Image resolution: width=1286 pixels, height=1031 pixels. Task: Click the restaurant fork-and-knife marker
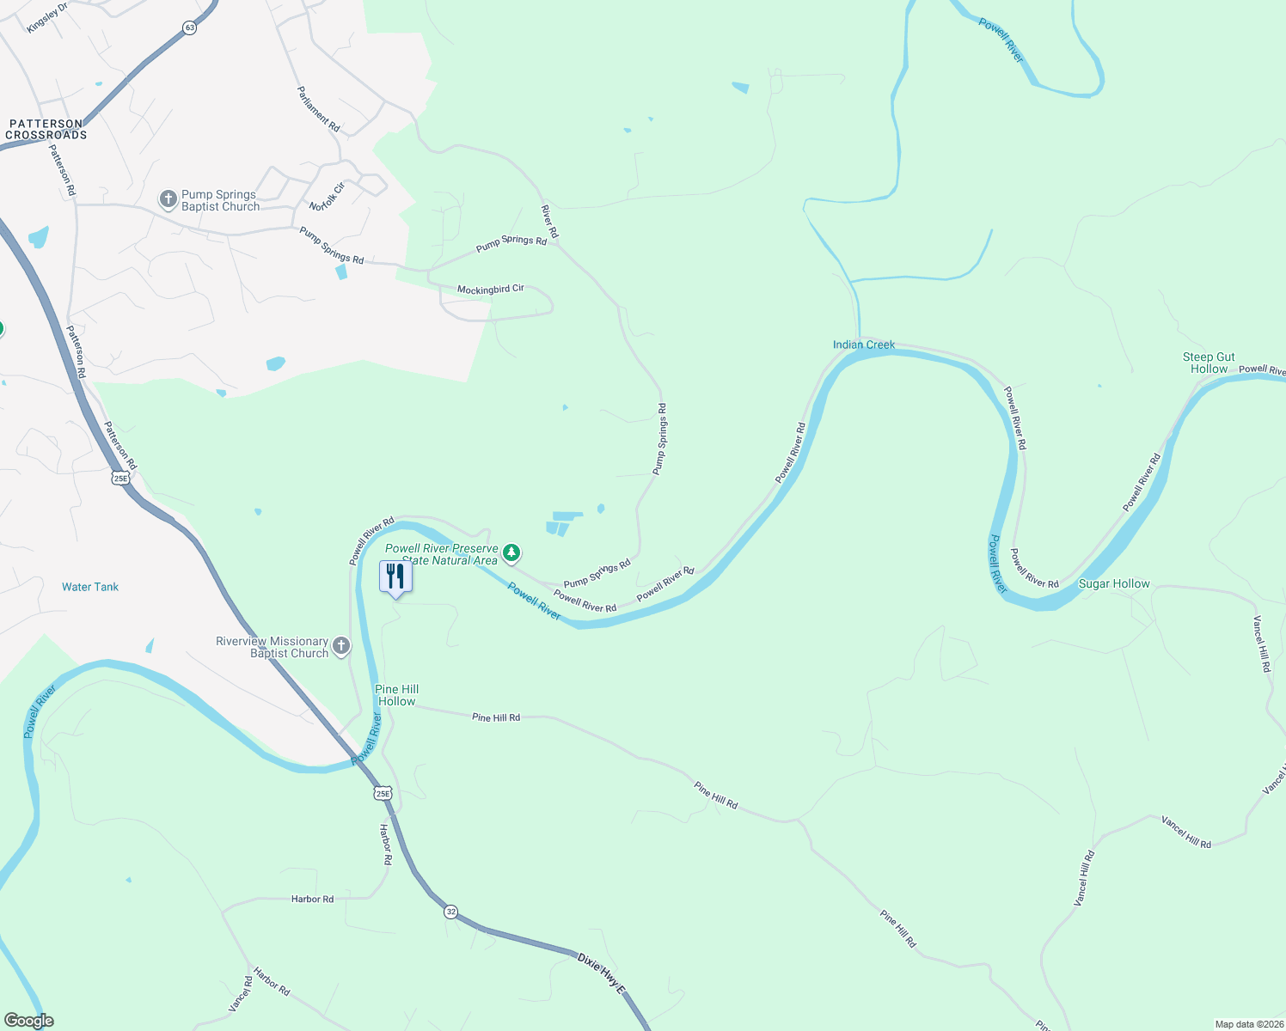(395, 576)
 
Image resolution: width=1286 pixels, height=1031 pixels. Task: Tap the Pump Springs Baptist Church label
(220, 201)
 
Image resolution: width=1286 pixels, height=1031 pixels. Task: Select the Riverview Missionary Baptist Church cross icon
(341, 647)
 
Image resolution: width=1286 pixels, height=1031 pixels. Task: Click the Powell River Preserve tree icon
(511, 552)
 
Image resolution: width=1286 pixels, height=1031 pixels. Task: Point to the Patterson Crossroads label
(46, 130)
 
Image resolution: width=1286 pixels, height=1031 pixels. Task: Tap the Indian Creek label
(864, 345)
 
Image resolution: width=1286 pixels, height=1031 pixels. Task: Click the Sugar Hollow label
(1114, 584)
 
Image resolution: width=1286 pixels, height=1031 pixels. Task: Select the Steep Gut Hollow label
(1209, 363)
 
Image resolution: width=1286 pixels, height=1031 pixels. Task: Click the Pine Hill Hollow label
(396, 695)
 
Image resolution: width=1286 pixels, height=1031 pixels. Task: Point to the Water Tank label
(90, 587)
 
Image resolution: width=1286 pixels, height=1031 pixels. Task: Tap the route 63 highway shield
(189, 27)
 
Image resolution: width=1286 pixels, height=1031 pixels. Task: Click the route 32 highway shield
(451, 912)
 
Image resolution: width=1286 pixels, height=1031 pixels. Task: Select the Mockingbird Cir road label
(490, 290)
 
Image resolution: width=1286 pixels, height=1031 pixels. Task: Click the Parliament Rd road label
(318, 109)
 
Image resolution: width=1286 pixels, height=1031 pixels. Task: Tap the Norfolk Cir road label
(327, 197)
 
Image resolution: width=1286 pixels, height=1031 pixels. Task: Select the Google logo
(28, 1021)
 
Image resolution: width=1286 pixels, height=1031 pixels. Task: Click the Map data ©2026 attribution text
(1249, 1024)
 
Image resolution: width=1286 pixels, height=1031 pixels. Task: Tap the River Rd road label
(549, 222)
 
